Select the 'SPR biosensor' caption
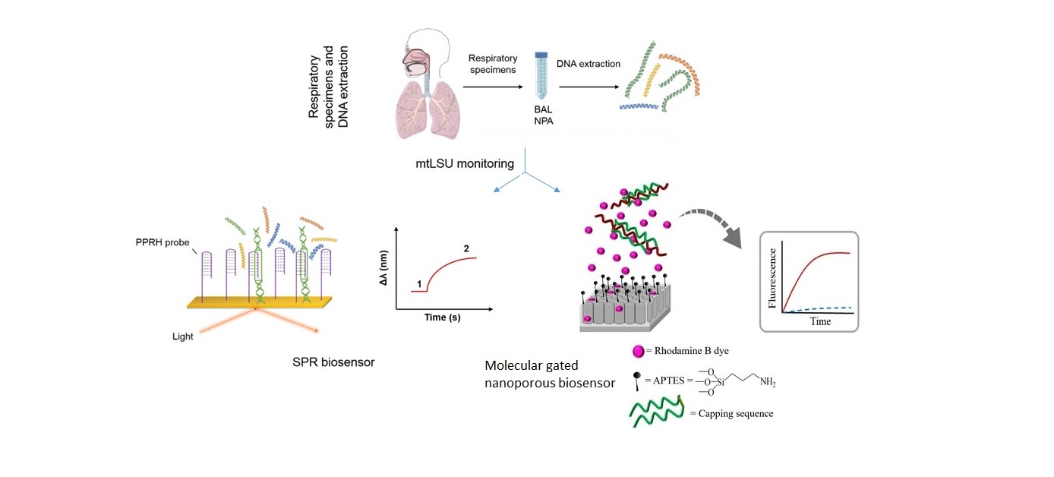pyautogui.click(x=333, y=362)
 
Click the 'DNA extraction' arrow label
pyautogui.click(x=588, y=64)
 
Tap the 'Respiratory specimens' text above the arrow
pyautogui.click(x=492, y=64)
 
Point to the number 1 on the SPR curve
pyautogui.click(x=419, y=284)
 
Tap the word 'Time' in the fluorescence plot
pyautogui.click(x=820, y=321)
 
